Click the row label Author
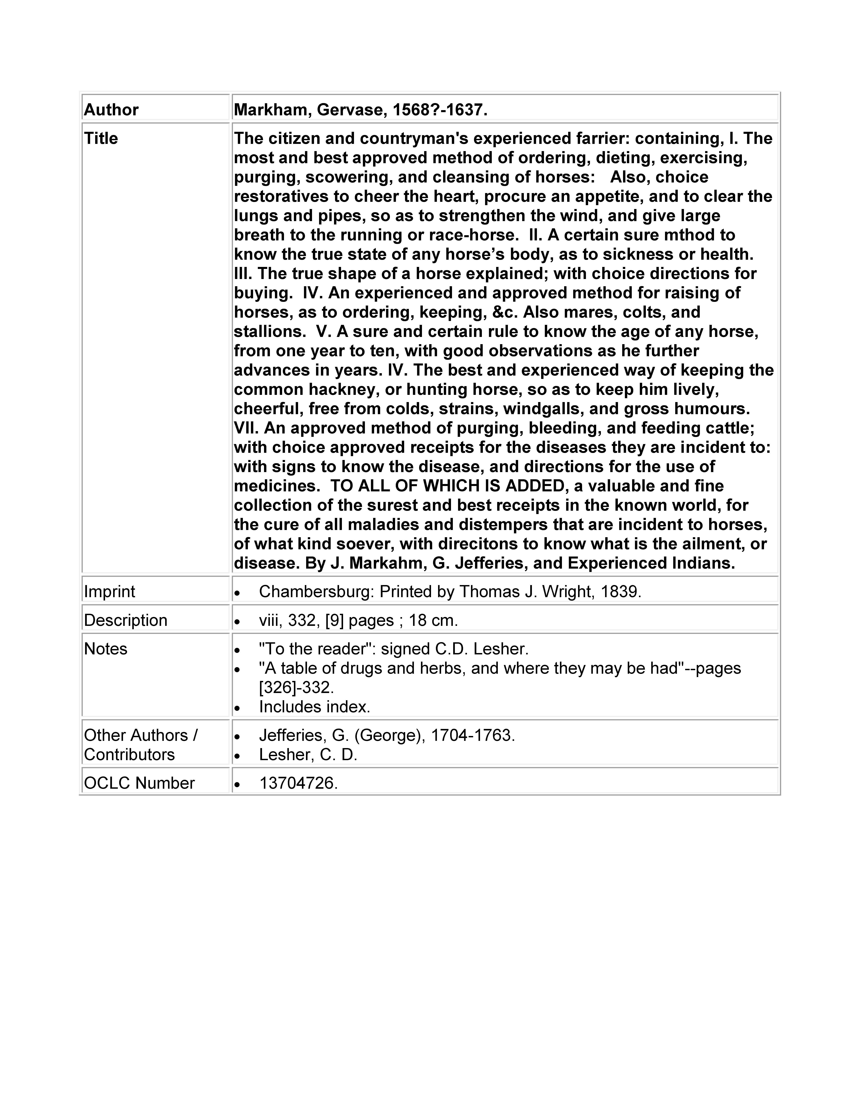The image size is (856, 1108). tap(111, 110)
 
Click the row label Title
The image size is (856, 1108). tap(101, 138)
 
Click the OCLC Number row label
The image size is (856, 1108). tap(139, 783)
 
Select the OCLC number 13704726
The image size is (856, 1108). tap(298, 783)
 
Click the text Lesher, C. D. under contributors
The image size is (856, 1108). tap(308, 755)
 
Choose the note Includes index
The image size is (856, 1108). tap(314, 707)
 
